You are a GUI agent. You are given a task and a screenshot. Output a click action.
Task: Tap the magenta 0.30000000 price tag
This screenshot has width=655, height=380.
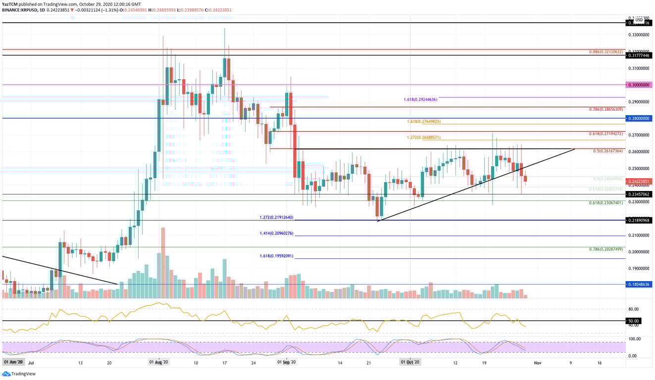pyautogui.click(x=638, y=85)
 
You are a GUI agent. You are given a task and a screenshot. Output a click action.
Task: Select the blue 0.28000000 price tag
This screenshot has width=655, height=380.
pyautogui.click(x=638, y=119)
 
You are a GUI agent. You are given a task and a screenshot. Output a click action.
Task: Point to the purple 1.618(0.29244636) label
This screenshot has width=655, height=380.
pyautogui.click(x=420, y=99)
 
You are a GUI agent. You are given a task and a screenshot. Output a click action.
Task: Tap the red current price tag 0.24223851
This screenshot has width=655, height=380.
pyautogui.click(x=638, y=182)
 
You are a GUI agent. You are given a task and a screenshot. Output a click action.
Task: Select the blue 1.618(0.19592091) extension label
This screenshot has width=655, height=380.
pyautogui.click(x=276, y=256)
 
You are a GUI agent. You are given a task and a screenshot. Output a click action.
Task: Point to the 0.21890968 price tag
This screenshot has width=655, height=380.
pyautogui.click(x=638, y=220)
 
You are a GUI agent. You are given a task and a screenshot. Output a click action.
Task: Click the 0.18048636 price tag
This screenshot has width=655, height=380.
pyautogui.click(x=638, y=285)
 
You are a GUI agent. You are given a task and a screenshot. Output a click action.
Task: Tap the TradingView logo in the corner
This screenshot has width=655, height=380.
pyautogui.click(x=14, y=374)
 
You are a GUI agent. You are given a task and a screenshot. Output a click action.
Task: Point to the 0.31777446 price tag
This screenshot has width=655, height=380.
pyautogui.click(x=638, y=56)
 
